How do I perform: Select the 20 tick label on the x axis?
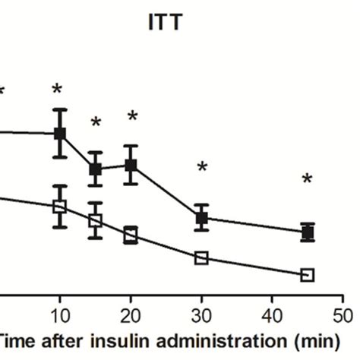(131, 314)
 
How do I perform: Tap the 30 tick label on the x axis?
(201, 314)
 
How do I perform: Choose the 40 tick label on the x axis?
(272, 314)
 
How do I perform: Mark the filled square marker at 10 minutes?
(60, 134)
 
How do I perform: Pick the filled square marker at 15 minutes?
(95, 169)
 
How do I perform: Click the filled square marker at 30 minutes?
(201, 218)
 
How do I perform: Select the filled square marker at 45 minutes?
(308, 232)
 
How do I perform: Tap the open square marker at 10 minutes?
(60, 206)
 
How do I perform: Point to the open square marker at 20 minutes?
(131, 235)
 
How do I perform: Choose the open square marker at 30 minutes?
(201, 258)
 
